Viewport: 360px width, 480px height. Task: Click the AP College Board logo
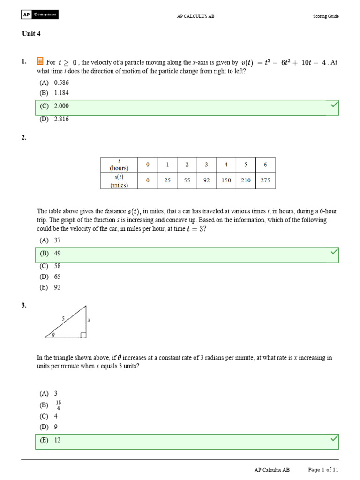coord(40,15)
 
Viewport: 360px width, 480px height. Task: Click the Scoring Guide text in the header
coord(326,16)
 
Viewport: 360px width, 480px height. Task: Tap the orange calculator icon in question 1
coord(40,61)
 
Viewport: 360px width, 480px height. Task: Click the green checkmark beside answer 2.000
coord(334,105)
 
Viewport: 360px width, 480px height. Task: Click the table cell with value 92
coord(207,180)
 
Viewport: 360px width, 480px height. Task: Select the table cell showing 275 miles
coord(265,180)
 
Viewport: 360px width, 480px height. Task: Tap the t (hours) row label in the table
coord(119,165)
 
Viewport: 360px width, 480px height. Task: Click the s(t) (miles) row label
coord(119,180)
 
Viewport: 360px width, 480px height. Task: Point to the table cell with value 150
coord(226,180)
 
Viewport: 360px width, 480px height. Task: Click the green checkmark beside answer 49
coord(334,252)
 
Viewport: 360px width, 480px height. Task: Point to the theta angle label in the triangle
coord(52,335)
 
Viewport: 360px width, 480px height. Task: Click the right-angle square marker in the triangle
coord(83,335)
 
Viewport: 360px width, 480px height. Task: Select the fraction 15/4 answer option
coord(58,405)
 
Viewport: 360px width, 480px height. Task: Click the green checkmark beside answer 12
coord(334,439)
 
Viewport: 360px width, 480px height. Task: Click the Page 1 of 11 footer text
coord(323,469)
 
